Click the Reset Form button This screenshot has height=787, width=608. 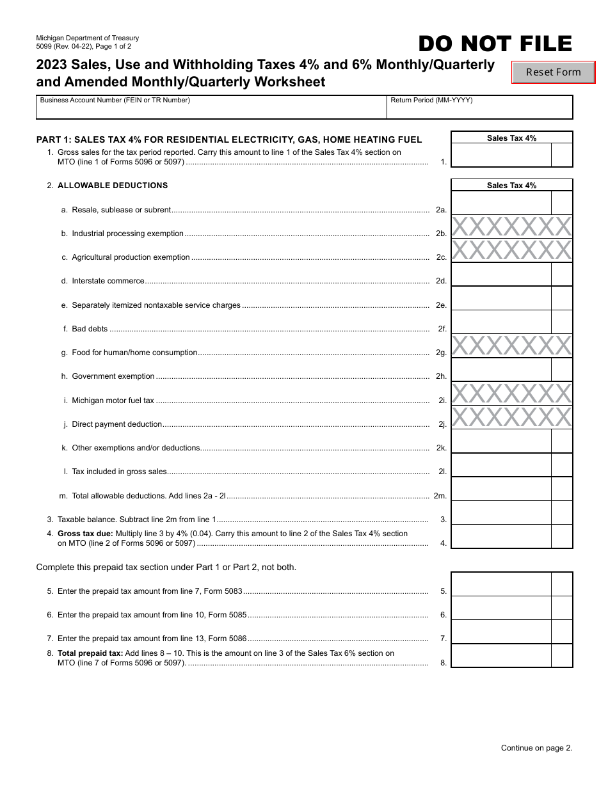click(x=554, y=72)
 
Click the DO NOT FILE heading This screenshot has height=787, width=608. click(x=495, y=44)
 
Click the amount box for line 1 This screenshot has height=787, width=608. click(x=501, y=155)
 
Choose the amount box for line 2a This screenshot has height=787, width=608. click(x=501, y=203)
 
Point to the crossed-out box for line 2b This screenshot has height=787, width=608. click(x=512, y=227)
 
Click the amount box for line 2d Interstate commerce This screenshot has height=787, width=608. click(x=501, y=274)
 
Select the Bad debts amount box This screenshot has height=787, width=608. click(x=501, y=322)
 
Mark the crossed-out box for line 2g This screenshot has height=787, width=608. click(x=512, y=346)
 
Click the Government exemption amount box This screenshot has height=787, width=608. click(x=501, y=370)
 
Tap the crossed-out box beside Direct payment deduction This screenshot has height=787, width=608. click(x=512, y=417)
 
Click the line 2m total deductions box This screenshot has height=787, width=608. click(x=501, y=489)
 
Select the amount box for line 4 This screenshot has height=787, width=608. click(x=501, y=536)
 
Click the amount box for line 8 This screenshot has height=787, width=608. click(x=501, y=656)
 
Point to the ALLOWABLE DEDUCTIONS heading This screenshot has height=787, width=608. click(x=113, y=186)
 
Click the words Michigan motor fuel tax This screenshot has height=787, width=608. click(x=113, y=401)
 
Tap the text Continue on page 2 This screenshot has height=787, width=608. click(x=536, y=747)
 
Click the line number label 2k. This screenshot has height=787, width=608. click(x=441, y=448)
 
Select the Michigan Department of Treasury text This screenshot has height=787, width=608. click(x=88, y=38)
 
